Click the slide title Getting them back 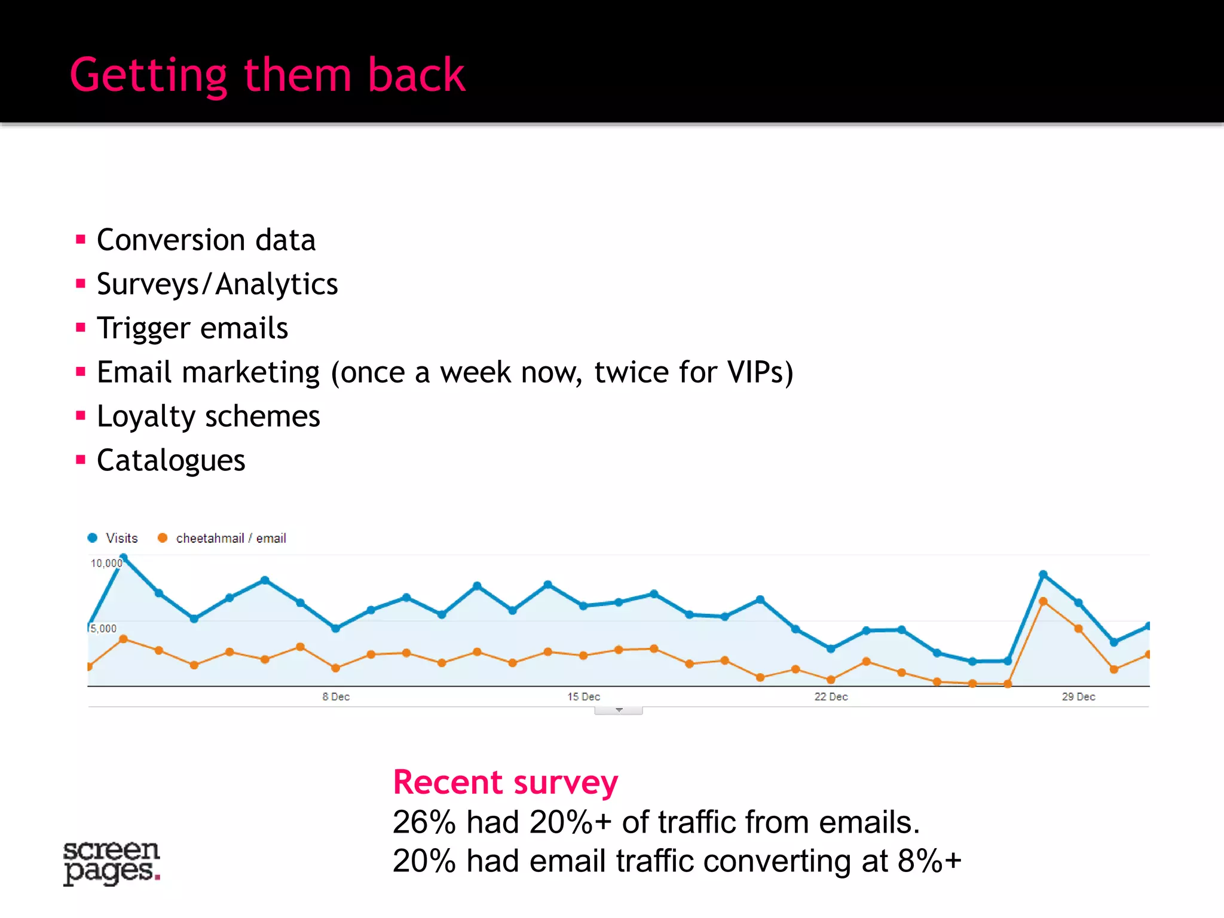(x=267, y=75)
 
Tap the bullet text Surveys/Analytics (x=217, y=284)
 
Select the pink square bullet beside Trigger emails (x=81, y=328)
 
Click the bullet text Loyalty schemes (x=208, y=417)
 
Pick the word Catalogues (x=171, y=461)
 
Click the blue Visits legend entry (x=113, y=538)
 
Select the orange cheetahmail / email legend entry (x=222, y=538)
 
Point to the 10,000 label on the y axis (x=106, y=563)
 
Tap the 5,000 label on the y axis (x=103, y=628)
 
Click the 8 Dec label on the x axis (x=336, y=697)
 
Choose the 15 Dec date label (x=583, y=697)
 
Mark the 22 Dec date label (x=831, y=697)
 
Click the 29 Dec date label (x=1078, y=697)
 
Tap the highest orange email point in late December (x=1043, y=601)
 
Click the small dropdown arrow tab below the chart (x=619, y=711)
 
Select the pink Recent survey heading (x=505, y=782)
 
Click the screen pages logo (x=112, y=862)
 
